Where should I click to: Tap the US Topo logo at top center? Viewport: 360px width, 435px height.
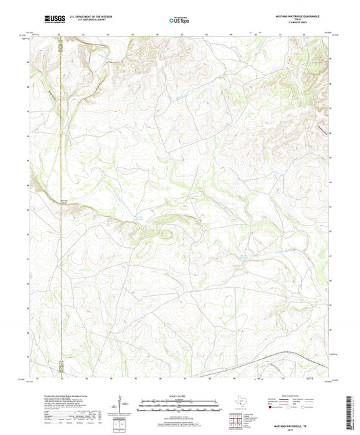pos(180,20)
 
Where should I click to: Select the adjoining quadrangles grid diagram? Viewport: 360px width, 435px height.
pos(236,420)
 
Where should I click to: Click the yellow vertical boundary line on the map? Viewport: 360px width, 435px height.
pos(60,203)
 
